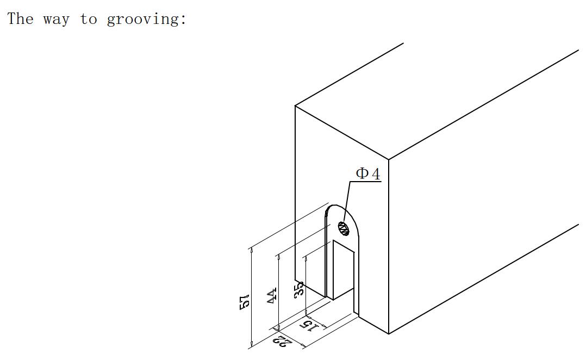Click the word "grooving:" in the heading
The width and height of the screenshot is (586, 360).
(x=146, y=19)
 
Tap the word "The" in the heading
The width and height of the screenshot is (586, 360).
(x=21, y=18)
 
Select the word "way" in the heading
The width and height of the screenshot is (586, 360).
(x=56, y=20)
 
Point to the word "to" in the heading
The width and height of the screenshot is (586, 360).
(x=88, y=18)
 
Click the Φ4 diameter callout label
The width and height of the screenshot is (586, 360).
(x=367, y=174)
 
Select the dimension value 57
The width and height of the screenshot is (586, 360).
(x=244, y=302)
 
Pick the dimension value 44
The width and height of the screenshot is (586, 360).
(x=272, y=295)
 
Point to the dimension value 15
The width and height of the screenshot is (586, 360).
(x=310, y=326)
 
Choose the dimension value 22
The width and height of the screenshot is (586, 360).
(x=282, y=342)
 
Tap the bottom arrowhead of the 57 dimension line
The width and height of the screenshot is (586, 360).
(x=252, y=344)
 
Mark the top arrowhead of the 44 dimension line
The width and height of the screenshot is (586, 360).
(x=279, y=259)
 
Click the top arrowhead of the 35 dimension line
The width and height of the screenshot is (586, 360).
(x=306, y=259)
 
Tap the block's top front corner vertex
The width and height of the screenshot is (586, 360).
(x=389, y=160)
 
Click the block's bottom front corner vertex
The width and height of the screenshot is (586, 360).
(x=389, y=334)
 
